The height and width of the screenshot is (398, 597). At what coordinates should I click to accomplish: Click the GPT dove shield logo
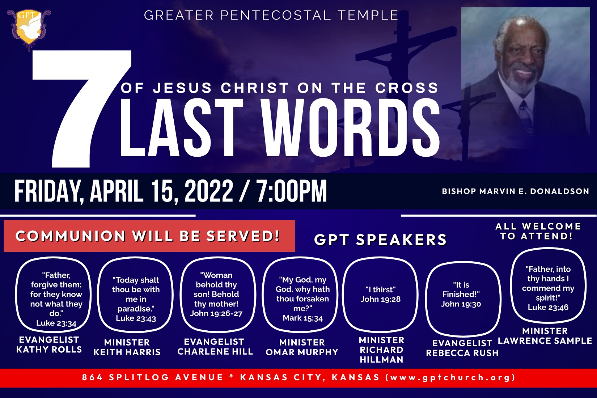point(29,29)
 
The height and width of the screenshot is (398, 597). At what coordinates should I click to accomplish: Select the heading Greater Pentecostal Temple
point(271,15)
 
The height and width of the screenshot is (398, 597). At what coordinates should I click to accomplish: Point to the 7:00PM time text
point(292,191)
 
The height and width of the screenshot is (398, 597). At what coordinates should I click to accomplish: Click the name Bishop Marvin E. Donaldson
point(516,191)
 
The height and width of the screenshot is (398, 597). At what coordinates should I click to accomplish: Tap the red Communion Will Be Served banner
point(149,236)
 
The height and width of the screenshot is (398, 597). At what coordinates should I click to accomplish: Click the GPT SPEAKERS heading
point(380,240)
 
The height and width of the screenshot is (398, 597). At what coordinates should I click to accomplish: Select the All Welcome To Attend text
point(538,231)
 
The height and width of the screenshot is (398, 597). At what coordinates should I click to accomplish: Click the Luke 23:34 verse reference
point(56,323)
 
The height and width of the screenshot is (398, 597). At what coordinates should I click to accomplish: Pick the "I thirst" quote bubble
point(380,295)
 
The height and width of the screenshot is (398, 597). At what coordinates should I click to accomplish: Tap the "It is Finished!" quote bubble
point(463,299)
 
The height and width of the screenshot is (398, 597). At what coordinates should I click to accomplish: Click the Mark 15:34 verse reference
point(302,318)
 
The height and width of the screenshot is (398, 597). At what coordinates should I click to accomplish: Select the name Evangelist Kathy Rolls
point(49,344)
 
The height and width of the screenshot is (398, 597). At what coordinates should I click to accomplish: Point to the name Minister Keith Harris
point(127,347)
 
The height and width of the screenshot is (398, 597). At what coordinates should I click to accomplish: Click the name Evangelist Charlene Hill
point(215,347)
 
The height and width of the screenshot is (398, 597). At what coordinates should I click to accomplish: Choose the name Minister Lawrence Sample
point(545,336)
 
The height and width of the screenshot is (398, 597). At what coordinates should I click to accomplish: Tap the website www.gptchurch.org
point(450,377)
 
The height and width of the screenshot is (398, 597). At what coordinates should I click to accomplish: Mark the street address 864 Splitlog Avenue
point(152,377)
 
